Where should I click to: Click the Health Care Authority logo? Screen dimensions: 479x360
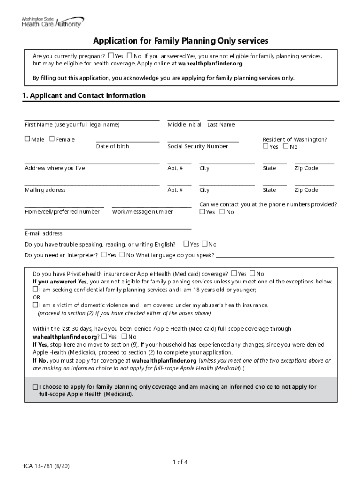click(52, 22)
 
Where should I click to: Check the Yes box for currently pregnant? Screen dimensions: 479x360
click(111, 56)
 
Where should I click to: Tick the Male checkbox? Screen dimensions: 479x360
click(28, 139)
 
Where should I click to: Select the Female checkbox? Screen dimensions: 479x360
click(52, 139)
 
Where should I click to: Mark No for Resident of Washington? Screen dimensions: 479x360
click(286, 146)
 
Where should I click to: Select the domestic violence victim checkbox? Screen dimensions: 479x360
click(35, 305)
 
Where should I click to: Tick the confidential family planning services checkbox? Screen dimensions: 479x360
click(35, 290)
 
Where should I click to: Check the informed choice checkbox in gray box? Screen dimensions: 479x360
click(36, 387)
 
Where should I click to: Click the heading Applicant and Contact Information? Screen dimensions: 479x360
click(84, 96)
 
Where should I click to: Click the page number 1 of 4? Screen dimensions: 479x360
click(180, 462)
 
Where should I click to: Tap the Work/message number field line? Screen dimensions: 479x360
click(151, 206)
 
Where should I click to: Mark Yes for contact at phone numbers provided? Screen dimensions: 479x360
click(202, 212)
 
